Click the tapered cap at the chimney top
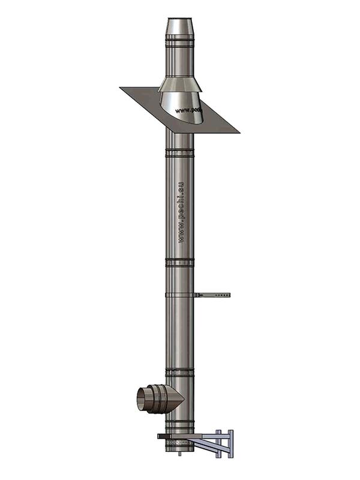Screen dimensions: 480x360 point(179,27)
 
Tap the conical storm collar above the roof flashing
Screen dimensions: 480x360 point(179,83)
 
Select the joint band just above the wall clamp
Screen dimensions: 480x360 point(179,262)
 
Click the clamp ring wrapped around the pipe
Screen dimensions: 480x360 point(179,295)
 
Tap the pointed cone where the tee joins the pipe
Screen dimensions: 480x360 point(175,398)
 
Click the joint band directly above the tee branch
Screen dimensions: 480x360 point(179,373)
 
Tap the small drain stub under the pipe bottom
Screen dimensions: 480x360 point(179,453)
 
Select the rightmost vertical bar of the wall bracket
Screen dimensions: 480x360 point(230,444)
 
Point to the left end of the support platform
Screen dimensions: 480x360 point(160,436)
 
